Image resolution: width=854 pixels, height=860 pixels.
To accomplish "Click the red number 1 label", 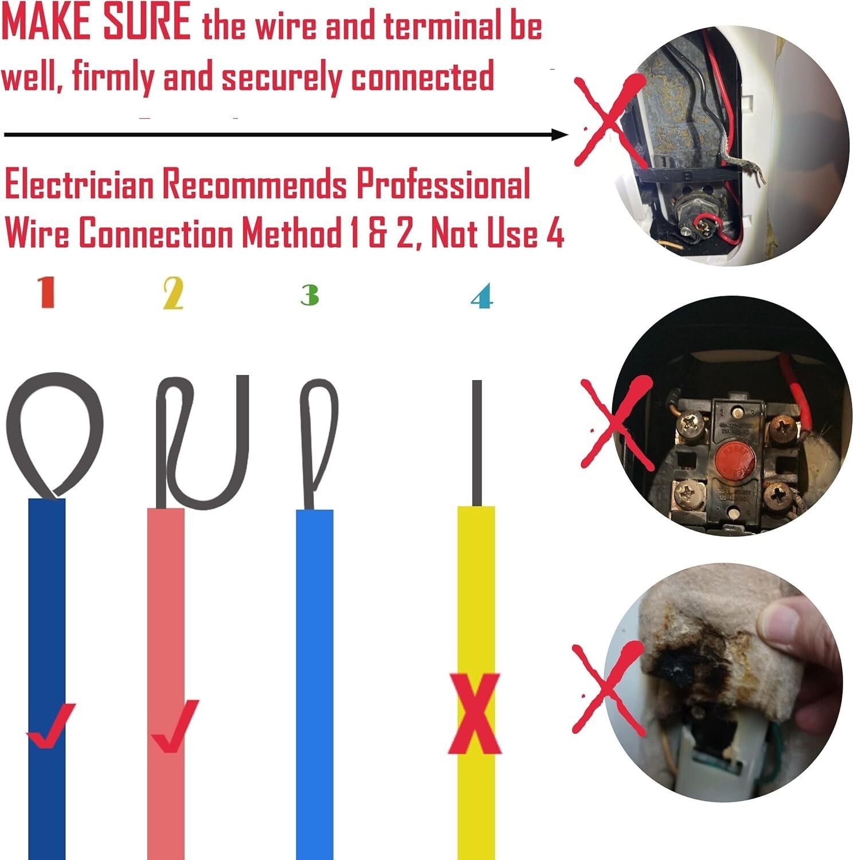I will click(47, 292).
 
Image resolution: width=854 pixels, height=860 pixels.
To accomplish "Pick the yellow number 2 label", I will click(173, 293).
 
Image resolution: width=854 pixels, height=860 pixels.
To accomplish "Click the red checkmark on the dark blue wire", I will click(50, 725).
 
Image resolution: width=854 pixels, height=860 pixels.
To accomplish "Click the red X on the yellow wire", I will click(475, 714).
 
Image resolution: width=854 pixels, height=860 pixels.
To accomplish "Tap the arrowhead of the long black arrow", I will click(559, 135).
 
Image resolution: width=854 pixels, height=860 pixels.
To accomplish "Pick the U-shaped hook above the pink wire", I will click(203, 441).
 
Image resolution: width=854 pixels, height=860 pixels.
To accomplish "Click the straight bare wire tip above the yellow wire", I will click(476, 441).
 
